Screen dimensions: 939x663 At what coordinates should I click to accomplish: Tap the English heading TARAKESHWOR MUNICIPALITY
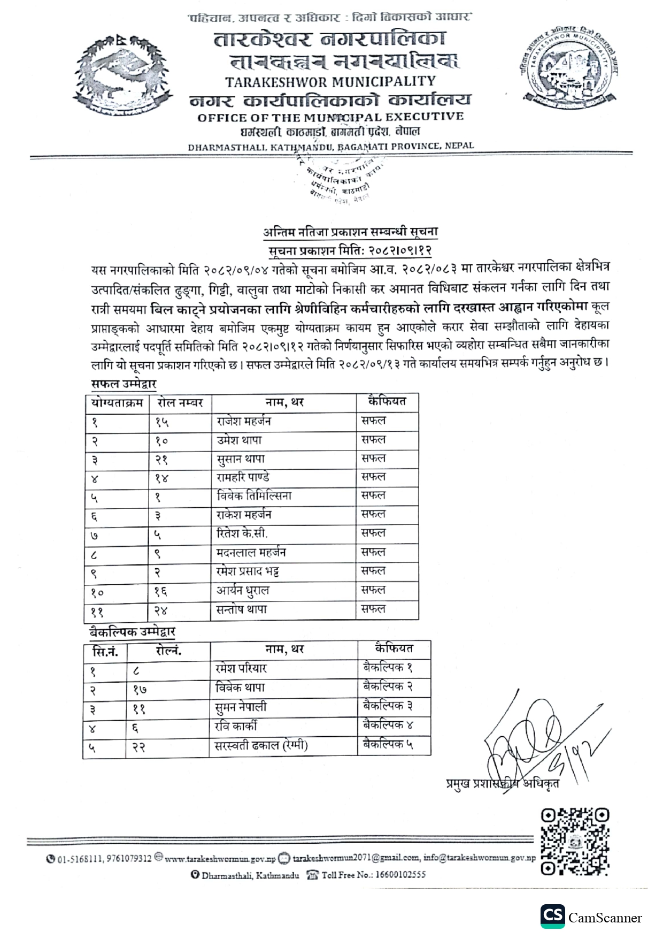click(330, 82)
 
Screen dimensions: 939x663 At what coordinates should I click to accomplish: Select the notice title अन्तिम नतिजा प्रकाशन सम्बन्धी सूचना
click(350, 232)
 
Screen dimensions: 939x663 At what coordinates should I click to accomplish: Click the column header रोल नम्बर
click(180, 402)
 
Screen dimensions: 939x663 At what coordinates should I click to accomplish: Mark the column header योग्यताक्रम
click(117, 402)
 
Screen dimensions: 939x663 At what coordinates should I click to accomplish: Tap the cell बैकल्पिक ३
click(388, 706)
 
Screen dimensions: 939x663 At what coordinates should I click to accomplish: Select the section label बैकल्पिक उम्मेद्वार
click(133, 632)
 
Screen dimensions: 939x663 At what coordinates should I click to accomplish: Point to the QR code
click(575, 842)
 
